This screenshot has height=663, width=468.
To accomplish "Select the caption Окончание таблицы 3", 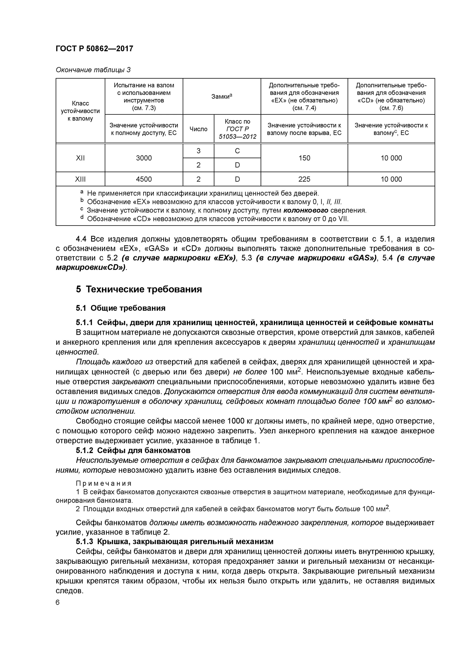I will pyautogui.click(x=93, y=70).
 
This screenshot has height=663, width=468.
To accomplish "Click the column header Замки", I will pyautogui.click(x=222, y=96).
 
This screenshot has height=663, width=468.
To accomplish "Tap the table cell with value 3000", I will pyautogui.click(x=144, y=158).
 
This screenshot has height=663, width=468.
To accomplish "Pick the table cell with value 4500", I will pyautogui.click(x=144, y=179).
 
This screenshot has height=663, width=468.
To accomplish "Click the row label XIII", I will pyautogui.click(x=80, y=179).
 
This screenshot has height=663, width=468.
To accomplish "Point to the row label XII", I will pyautogui.click(x=80, y=158).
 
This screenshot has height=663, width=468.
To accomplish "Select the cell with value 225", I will pyautogui.click(x=304, y=179).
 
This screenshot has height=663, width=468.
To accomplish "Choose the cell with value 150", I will pyautogui.click(x=304, y=158).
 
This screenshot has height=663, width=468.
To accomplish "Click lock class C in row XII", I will pyautogui.click(x=237, y=151).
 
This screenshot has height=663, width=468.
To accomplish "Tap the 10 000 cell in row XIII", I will pyautogui.click(x=391, y=179).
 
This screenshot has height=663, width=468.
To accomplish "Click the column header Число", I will pyautogui.click(x=198, y=129).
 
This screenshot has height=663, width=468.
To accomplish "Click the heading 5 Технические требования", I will pyautogui.click(x=139, y=289).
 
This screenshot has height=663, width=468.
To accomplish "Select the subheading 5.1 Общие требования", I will pyautogui.click(x=120, y=308).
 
